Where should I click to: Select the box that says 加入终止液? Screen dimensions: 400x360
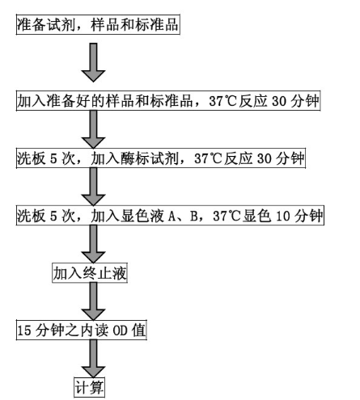coord(89,273)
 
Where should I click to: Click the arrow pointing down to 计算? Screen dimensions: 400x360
coord(95,357)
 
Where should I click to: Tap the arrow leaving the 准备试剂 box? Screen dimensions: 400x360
coord(95,65)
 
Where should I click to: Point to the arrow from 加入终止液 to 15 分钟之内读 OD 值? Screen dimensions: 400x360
coord(95,302)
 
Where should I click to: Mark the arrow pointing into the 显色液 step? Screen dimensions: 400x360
coord(95,187)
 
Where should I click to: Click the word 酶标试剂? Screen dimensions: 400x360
coord(155,158)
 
